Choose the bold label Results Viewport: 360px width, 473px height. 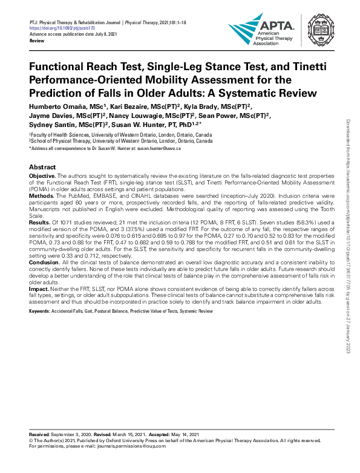41,223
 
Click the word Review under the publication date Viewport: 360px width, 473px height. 38,40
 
